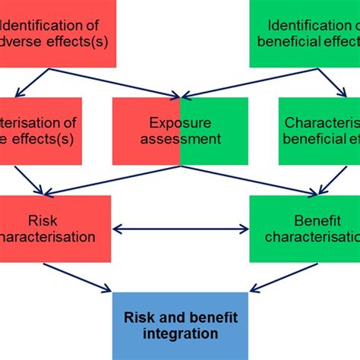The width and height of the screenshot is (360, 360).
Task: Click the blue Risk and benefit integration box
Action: click(x=179, y=324)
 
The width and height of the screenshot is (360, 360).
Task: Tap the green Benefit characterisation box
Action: click(x=305, y=229)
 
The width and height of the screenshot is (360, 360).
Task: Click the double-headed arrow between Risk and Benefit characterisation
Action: click(x=180, y=228)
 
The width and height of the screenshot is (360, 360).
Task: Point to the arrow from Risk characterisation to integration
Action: click(x=76, y=276)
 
